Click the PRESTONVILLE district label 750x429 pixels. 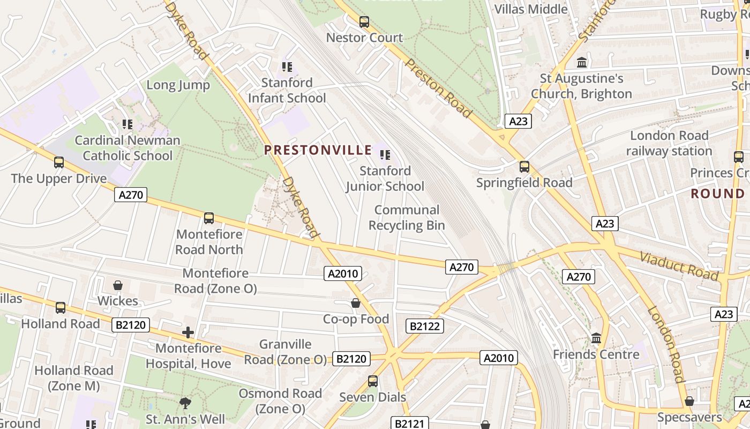pos(318,150)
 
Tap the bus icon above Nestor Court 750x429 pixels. pos(364,22)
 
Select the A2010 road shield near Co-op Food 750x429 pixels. pos(343,274)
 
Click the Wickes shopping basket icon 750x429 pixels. pos(117,285)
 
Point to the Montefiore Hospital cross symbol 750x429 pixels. pos(187,332)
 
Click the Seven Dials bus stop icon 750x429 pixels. pos(373,381)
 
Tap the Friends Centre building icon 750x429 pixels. pos(596,338)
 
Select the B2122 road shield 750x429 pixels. pos(424,326)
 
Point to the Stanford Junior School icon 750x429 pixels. pos(385,155)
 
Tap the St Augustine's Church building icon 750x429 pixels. pos(582,63)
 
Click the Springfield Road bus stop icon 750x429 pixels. pos(524,167)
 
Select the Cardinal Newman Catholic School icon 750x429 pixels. pos(127,124)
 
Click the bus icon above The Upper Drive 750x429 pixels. pos(59,162)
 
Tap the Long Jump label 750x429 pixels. pos(178,85)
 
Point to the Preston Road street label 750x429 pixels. pos(438,88)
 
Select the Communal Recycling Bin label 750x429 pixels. pos(407,217)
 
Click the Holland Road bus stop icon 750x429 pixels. pos(61,308)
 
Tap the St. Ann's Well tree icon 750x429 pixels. pos(185,403)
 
